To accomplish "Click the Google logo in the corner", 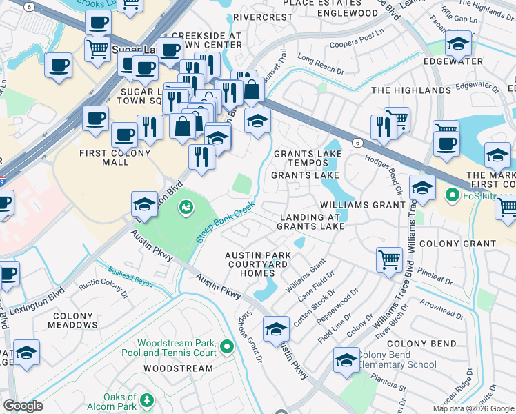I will coord(23,406).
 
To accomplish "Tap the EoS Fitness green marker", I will coord(453,196).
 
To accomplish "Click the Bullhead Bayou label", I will coord(130,275).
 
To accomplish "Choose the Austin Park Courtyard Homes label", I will coord(257,264).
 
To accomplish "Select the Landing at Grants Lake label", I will coord(310,222).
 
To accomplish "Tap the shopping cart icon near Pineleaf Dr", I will coord(389,259).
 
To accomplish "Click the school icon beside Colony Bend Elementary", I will coord(346,360).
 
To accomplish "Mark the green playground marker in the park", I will coord(186,206).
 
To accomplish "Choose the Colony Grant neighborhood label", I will coord(457,244).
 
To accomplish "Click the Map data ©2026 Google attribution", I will coord(473,408).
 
